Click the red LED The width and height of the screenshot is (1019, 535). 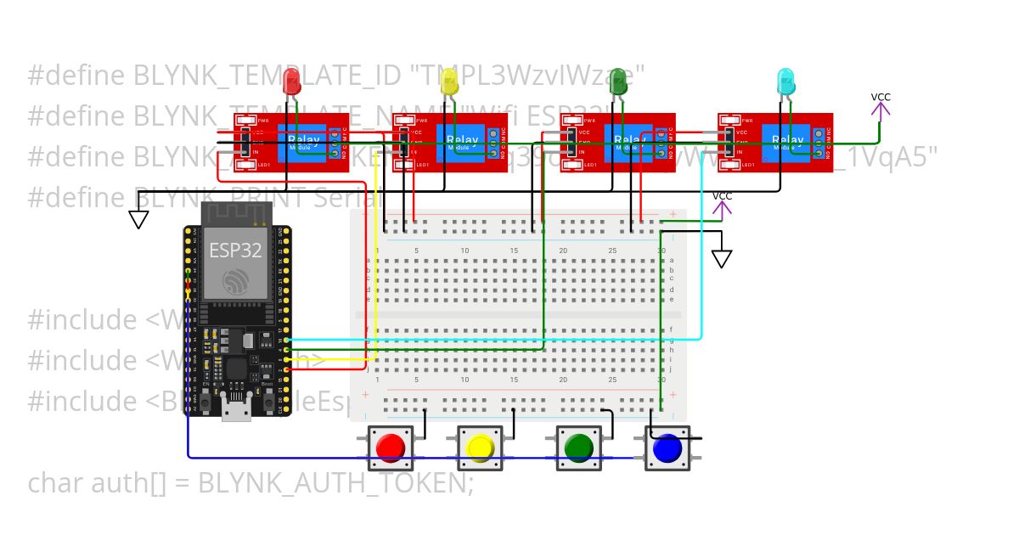(x=291, y=82)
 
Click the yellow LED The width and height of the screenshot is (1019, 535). (x=450, y=82)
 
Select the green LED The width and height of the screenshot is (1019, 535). (x=618, y=82)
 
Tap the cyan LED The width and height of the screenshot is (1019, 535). (x=786, y=82)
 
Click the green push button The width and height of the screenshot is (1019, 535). (x=577, y=448)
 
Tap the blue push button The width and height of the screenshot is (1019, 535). (x=667, y=448)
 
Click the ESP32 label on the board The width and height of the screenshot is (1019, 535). (x=235, y=250)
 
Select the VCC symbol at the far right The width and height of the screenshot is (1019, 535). (x=881, y=105)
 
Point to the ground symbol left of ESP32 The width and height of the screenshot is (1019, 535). (x=138, y=219)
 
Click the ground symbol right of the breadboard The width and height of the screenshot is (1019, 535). (x=722, y=258)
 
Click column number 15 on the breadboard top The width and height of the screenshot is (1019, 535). (x=514, y=251)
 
